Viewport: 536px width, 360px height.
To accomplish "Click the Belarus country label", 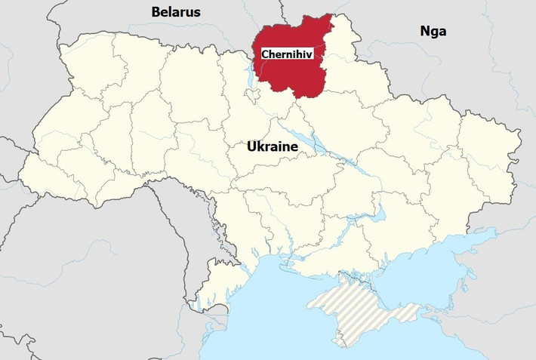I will (x=176, y=11).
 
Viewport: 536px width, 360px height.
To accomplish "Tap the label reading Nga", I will (x=433, y=31).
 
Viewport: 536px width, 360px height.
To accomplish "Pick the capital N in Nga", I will (x=424, y=31).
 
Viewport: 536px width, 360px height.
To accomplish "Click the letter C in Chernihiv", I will (x=265, y=54).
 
